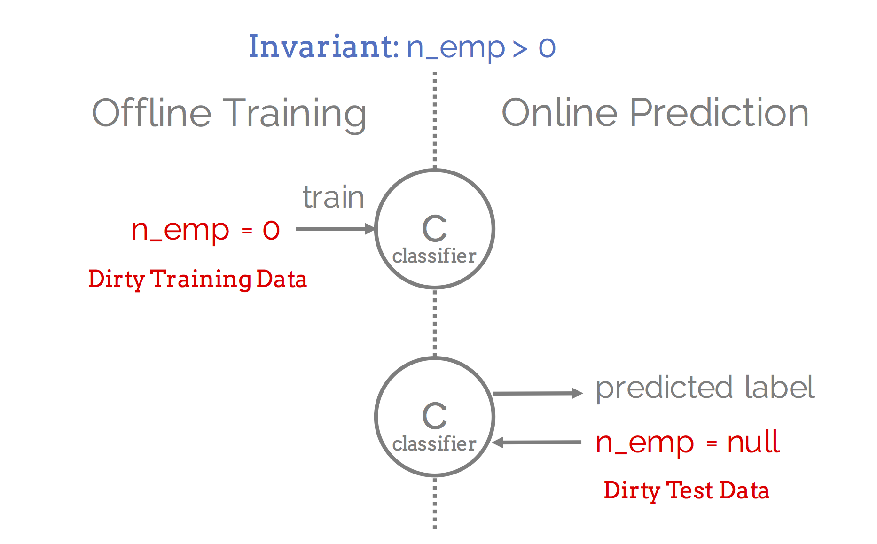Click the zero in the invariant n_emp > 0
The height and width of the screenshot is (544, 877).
point(547,48)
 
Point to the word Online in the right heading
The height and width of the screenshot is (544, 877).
point(560,113)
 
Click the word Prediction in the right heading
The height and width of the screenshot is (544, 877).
point(719,113)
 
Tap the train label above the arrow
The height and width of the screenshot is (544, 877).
point(333,197)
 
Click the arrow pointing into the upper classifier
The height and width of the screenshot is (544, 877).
point(335,229)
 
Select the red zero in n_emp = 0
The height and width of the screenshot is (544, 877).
point(271,230)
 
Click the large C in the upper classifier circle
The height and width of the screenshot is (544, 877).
point(435,228)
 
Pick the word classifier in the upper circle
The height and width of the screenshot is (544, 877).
point(434,256)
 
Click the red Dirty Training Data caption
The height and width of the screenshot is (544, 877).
point(197,280)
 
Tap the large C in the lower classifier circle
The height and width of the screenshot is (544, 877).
point(435,416)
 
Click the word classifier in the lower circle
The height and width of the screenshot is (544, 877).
point(434,443)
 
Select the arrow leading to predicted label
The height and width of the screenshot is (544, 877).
point(538,394)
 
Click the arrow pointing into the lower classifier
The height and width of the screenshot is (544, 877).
point(537,442)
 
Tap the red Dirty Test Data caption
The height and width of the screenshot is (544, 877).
point(686,490)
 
